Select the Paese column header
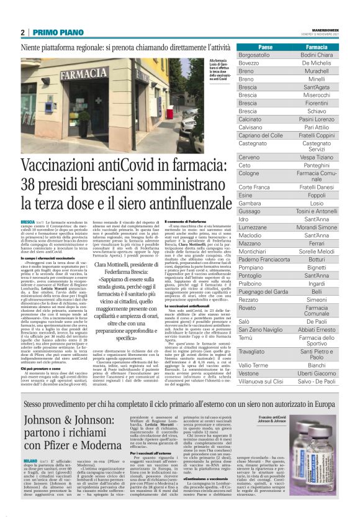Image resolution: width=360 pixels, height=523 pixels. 266,48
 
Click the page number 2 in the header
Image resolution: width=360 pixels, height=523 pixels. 23,32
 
